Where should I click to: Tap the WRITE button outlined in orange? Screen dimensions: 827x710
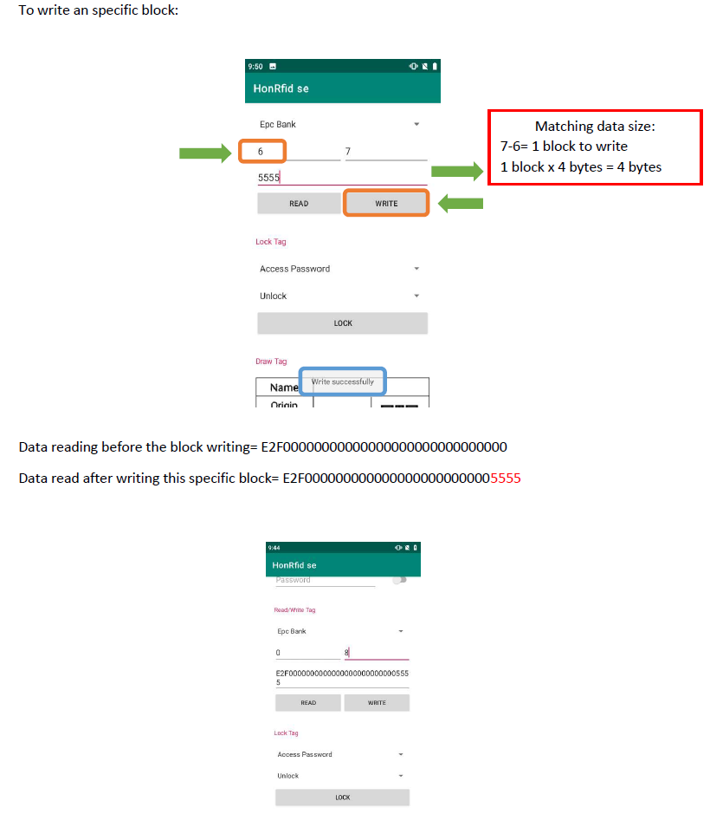(386, 203)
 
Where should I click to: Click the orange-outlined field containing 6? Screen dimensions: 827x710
(262, 152)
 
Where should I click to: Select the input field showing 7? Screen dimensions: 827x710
(385, 152)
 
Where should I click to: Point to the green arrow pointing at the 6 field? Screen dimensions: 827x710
(206, 153)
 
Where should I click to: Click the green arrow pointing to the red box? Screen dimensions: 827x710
(456, 173)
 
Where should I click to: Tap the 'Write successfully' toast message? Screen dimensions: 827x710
(343, 381)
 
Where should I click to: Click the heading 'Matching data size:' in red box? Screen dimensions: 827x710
(595, 127)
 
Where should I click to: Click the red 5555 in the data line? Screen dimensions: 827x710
(506, 478)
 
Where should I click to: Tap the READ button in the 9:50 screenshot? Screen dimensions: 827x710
(299, 203)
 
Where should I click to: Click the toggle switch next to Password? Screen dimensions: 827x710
(399, 580)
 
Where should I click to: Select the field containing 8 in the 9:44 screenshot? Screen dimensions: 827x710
(376, 653)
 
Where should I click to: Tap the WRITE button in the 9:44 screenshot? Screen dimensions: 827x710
(377, 703)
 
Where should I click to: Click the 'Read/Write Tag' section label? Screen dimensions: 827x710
(294, 610)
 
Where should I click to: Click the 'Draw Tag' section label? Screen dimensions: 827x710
(271, 361)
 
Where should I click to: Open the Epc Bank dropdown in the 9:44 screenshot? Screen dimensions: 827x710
(342, 631)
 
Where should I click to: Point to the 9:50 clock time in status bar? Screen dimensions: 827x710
(255, 66)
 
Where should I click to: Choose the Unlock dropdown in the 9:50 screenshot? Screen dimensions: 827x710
(342, 296)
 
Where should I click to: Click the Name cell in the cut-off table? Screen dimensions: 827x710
(284, 387)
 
